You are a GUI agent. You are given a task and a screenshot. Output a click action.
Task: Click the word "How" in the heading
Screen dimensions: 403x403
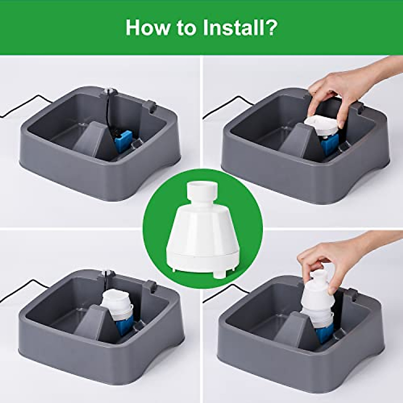tap(147, 28)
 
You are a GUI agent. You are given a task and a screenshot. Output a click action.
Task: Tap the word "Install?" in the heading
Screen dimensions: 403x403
tap(240, 28)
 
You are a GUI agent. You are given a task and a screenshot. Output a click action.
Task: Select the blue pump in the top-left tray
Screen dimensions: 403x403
tap(123, 138)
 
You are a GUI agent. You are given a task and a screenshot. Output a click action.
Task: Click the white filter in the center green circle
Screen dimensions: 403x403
tap(202, 228)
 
